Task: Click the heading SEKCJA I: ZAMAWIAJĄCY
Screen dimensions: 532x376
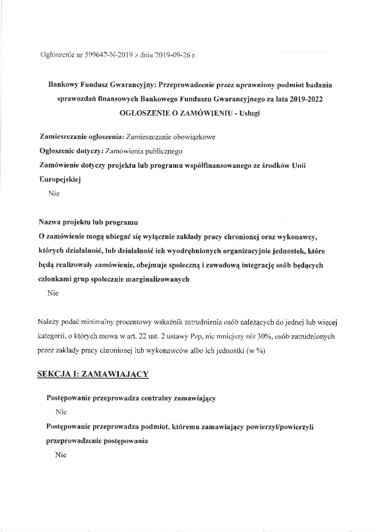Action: [x=93, y=374]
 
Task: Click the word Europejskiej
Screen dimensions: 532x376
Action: [x=60, y=180]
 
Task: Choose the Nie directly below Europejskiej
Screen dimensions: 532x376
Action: [x=54, y=194]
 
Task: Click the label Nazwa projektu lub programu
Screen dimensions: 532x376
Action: [x=88, y=223]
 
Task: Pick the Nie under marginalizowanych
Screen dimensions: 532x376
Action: [x=53, y=293]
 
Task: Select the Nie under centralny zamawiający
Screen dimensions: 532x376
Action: [x=61, y=412]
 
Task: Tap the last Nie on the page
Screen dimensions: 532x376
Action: [x=61, y=455]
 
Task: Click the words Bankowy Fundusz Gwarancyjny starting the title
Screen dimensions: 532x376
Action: [x=102, y=85]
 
